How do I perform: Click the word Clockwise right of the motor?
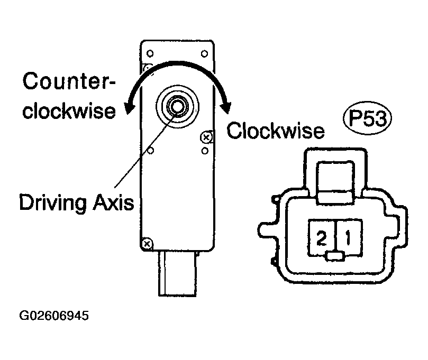276,131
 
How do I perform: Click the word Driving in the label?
53,203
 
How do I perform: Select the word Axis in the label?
114,202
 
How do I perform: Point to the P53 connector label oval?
367,118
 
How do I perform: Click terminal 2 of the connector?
322,237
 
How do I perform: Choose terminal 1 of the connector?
349,237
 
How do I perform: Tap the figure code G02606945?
54,316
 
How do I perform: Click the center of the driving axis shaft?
178,106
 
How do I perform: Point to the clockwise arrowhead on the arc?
227,108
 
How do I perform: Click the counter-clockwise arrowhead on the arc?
129,108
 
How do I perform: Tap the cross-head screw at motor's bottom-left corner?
147,244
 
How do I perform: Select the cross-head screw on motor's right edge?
206,137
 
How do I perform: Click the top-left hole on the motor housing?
150,53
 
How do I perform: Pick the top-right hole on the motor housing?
204,54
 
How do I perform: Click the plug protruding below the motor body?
177,273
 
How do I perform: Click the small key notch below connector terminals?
335,256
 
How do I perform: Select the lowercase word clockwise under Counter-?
69,110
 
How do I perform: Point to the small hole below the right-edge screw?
205,151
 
